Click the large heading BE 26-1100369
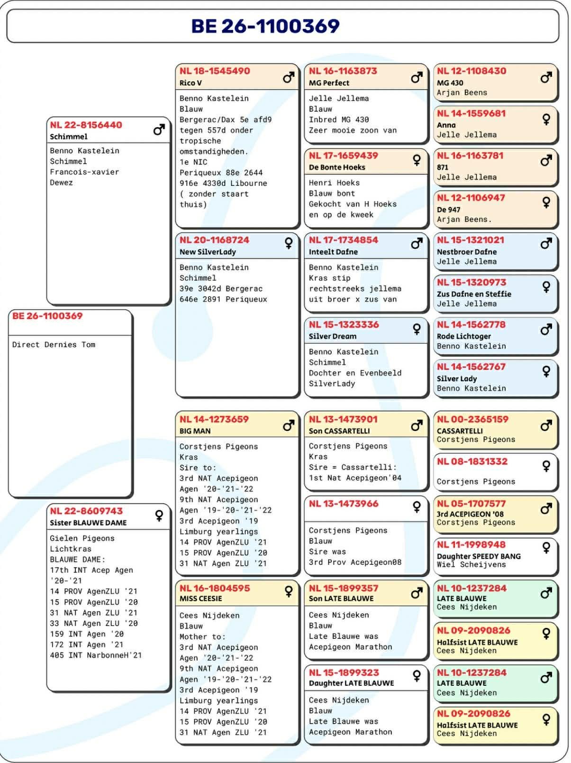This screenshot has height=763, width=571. [x=265, y=26]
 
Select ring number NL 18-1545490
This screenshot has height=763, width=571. [x=215, y=71]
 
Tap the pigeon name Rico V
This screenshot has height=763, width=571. [x=190, y=83]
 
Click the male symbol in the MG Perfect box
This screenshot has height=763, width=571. [x=417, y=77]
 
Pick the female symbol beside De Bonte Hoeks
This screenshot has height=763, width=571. [x=417, y=160]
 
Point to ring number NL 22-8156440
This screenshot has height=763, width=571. [x=86, y=125]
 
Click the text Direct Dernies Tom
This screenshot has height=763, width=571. [x=54, y=345]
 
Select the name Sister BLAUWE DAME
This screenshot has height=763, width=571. [x=88, y=523]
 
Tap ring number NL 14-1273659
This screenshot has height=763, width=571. [x=214, y=419]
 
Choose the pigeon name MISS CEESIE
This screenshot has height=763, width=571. [x=200, y=598]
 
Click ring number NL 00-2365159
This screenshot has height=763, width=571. [x=472, y=419]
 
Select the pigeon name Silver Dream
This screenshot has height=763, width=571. [x=333, y=336]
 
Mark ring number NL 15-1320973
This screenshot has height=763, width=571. [x=471, y=282]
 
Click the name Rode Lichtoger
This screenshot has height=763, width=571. [x=464, y=336]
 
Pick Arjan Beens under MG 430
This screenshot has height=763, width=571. [x=462, y=92]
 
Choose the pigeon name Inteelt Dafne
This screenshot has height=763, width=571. [x=333, y=252]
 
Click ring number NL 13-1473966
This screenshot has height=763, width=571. [x=344, y=504]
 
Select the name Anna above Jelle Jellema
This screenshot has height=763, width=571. [x=446, y=125]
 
